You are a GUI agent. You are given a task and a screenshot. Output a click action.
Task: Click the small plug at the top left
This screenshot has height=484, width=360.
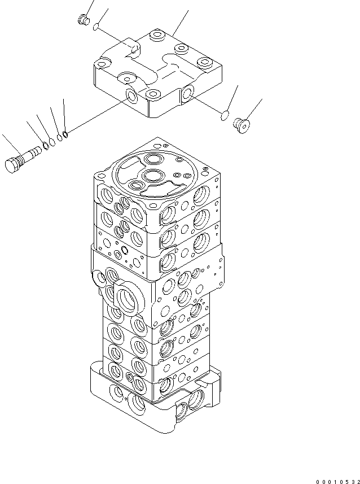(x=82, y=20)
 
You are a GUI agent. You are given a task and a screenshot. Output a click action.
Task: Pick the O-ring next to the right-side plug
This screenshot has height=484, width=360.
(x=224, y=117)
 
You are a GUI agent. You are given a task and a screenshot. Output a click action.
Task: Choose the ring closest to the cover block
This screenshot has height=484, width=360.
(x=65, y=134)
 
